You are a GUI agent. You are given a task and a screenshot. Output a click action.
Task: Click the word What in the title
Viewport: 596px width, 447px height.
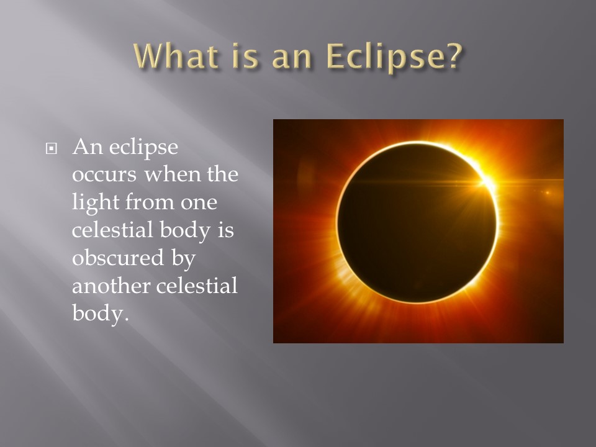click(176, 56)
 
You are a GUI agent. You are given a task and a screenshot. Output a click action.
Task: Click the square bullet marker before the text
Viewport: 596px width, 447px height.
click(51, 148)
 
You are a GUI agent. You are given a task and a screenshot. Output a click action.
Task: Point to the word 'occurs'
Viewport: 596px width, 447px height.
click(104, 175)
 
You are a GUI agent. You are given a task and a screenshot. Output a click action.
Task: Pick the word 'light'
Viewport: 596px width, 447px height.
click(96, 202)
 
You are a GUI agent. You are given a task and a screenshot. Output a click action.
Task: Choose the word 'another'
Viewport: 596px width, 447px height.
click(111, 286)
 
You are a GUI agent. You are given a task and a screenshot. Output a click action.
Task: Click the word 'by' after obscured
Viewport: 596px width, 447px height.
click(184, 260)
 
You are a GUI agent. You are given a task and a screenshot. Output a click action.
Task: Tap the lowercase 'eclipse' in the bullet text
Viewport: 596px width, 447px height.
click(143, 148)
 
